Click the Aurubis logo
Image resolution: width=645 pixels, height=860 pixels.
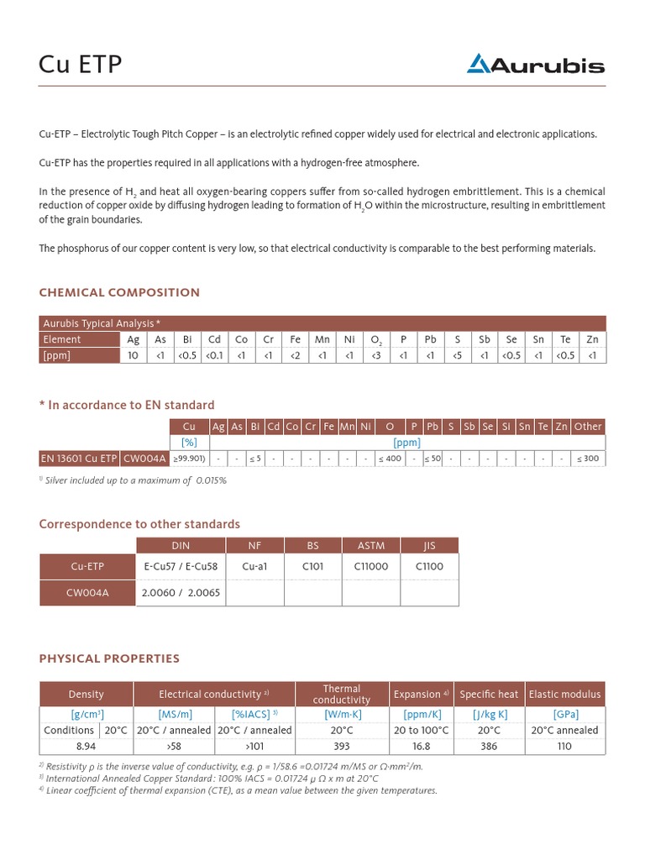[535, 64]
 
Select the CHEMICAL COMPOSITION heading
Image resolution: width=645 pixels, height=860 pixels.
[119, 292]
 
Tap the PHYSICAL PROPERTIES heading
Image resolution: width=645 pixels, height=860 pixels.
[109, 658]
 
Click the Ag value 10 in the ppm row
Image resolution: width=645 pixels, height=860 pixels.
[133, 355]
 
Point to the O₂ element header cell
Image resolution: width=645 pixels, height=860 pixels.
[376, 339]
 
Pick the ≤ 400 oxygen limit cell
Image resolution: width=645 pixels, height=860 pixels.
[389, 458]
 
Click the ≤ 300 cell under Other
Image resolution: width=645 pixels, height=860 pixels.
[588, 458]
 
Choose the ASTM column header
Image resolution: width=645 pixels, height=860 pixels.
[371, 544]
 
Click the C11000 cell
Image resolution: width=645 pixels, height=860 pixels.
[371, 566]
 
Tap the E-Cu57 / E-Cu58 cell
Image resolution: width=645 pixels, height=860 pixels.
[181, 566]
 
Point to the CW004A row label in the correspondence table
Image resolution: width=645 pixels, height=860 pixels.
[88, 592]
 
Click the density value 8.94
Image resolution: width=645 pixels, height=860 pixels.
[86, 746]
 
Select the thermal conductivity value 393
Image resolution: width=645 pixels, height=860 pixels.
[342, 746]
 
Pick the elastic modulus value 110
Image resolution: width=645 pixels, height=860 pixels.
[564, 746]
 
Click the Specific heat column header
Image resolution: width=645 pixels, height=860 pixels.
[489, 694]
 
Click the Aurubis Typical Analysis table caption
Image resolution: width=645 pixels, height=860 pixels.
[102, 323]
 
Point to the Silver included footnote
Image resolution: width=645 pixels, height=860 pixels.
[134, 480]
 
